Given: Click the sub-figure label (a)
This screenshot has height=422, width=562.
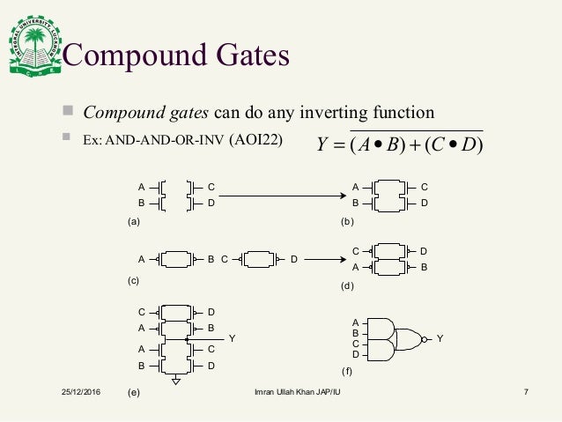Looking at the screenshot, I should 134,222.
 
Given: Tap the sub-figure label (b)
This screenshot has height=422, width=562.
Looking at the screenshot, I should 347,222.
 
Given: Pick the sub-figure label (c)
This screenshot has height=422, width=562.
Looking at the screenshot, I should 134,280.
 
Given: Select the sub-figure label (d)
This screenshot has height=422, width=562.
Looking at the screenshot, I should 347,285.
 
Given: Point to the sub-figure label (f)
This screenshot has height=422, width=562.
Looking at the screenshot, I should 347,370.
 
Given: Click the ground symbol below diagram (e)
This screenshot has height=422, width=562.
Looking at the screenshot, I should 176,380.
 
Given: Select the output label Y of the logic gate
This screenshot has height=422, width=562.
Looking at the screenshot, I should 440,338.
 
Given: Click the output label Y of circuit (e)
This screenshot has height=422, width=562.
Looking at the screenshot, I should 232,337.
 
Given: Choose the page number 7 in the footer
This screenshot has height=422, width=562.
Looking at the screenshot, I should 525,390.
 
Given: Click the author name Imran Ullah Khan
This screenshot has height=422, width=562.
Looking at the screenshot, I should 285,390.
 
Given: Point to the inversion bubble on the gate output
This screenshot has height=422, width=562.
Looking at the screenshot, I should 425,338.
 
